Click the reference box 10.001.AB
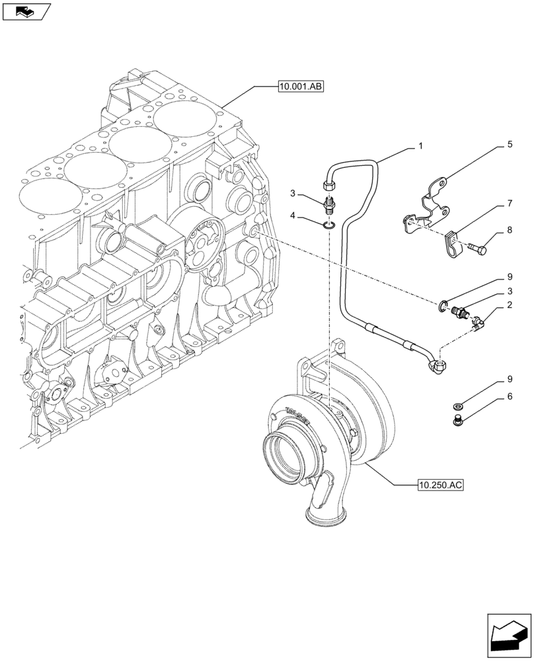pos(300,86)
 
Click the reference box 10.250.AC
pos(440,485)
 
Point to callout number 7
pos(510,206)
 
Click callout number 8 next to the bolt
pos(510,231)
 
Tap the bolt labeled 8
pos(477,249)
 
